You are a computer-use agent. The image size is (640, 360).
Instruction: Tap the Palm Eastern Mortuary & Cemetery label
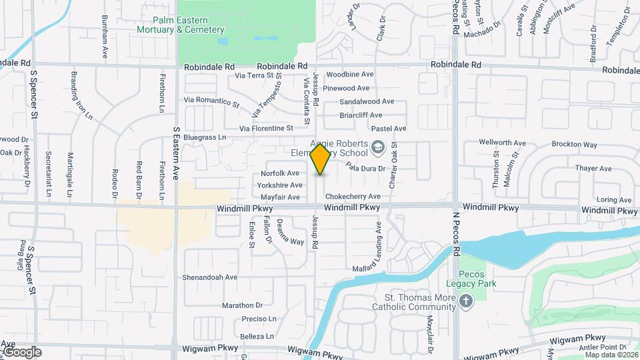180,25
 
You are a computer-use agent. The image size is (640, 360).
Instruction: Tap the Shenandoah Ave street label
211,277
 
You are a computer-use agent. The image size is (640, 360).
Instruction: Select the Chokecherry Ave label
353,197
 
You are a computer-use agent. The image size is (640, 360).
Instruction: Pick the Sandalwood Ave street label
367,102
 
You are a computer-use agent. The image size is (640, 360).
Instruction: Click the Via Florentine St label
267,128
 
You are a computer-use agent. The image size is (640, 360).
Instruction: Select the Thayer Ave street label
593,169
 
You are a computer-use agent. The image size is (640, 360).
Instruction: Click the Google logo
21,352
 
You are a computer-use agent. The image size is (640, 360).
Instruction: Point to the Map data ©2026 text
611,355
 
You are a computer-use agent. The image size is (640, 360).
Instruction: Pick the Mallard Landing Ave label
379,246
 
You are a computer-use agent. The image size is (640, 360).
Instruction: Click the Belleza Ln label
257,337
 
